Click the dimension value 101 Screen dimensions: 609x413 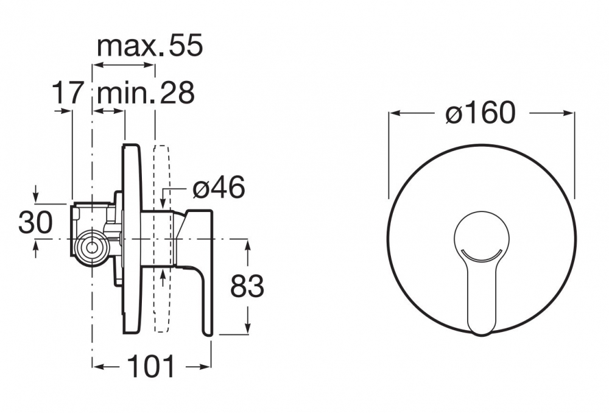151,366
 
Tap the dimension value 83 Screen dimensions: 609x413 247,286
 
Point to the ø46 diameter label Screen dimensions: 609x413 219,187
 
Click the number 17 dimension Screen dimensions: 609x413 68,93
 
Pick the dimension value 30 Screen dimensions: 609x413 35,222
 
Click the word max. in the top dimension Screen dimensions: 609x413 128,46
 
